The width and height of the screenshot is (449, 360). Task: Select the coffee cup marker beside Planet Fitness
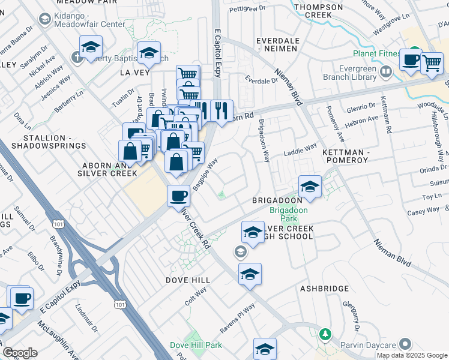pos(412,60)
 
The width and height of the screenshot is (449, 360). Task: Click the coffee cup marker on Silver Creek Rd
pos(178,196)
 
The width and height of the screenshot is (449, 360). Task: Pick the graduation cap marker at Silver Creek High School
pos(253,231)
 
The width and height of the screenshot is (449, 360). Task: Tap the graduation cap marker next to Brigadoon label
pos(310,186)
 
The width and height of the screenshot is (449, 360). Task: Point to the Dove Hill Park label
pos(196,345)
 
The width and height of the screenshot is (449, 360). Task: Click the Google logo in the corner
pos(20,353)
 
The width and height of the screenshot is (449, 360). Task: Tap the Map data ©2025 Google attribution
pos(412,355)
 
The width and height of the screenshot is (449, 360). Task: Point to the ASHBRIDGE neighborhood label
pos(323,289)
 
